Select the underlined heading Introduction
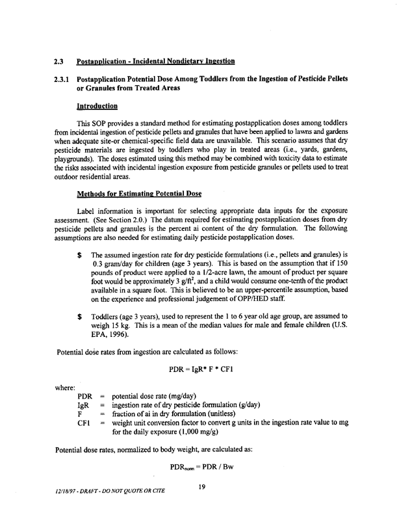click(97, 105)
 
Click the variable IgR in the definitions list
click(83, 404)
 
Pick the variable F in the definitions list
click(80, 414)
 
